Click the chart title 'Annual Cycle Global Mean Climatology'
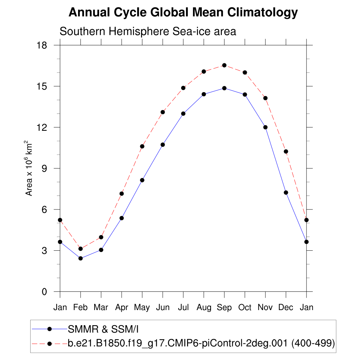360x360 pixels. tap(183, 13)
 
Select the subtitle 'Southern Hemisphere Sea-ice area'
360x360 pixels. tap(148, 31)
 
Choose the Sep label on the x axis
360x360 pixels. tap(224, 308)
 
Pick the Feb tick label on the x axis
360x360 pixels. tap(81, 308)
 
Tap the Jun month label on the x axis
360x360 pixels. tap(162, 308)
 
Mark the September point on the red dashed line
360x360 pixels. tap(224, 65)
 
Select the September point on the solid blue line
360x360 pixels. tap(224, 88)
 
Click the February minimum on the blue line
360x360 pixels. tap(81, 258)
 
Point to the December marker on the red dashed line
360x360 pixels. tap(286, 152)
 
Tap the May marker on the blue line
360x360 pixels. tap(142, 180)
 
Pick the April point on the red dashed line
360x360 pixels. tap(122, 194)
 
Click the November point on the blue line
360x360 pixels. tap(265, 127)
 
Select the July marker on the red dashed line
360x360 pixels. tap(183, 88)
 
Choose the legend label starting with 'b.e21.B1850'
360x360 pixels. tap(201, 343)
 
